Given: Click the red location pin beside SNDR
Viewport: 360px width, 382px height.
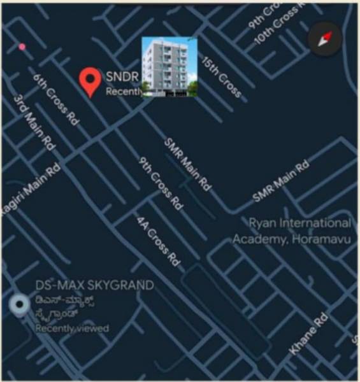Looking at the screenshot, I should pos(91,81).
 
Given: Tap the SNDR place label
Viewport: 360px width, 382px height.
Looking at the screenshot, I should pos(122,76).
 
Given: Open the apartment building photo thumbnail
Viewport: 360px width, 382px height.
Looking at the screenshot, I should pos(169,67).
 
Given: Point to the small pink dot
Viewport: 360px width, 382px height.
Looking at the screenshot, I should pos(22,46).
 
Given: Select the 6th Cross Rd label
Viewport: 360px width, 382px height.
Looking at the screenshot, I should pos(55,99).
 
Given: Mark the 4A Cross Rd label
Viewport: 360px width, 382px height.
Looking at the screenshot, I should pos(158,240).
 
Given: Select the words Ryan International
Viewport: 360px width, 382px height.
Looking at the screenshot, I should pos(299,223).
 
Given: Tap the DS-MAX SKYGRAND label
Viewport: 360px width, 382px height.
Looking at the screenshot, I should pos(94,285).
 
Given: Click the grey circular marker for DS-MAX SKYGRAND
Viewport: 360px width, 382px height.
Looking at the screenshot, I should pos(20,306).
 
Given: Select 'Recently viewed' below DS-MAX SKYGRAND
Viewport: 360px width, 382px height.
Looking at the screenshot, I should pos(71,329).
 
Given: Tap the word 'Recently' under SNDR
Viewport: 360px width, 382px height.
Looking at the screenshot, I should pos(123,92).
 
